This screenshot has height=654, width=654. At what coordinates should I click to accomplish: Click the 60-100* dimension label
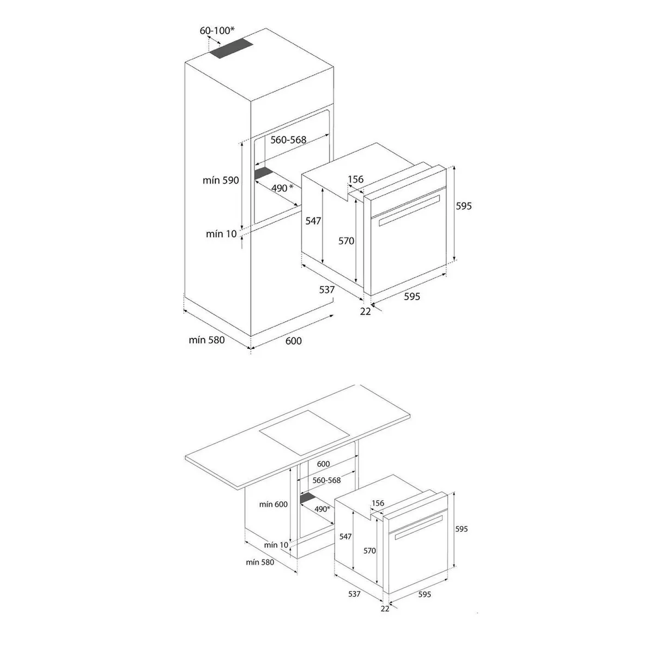[217, 31]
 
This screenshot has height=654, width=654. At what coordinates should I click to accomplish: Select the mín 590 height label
[221, 180]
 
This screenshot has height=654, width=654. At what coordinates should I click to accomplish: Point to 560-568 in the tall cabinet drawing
[288, 140]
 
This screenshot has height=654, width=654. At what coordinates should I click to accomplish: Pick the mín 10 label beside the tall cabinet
[221, 234]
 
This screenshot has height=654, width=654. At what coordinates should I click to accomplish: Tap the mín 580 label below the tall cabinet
[207, 340]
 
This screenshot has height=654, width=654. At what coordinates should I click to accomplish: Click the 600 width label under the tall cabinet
[293, 341]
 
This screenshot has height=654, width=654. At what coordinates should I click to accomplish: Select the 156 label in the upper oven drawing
[355, 180]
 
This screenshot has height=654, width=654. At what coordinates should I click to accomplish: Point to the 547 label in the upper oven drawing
[313, 221]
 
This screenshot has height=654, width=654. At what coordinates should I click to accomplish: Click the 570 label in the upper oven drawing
[346, 241]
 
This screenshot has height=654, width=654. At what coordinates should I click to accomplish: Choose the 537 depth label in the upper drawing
[327, 290]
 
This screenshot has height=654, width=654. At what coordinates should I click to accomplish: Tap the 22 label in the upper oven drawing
[365, 311]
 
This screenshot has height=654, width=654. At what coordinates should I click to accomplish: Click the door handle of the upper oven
[409, 210]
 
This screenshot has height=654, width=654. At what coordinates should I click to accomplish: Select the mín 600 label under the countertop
[273, 504]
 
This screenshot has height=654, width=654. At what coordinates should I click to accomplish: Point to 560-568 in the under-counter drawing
[327, 480]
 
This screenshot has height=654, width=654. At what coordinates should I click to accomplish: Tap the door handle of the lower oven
[418, 528]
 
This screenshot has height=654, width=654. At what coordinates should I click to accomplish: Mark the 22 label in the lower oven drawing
[385, 608]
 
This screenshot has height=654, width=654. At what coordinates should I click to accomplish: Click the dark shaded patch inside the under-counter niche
[307, 498]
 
